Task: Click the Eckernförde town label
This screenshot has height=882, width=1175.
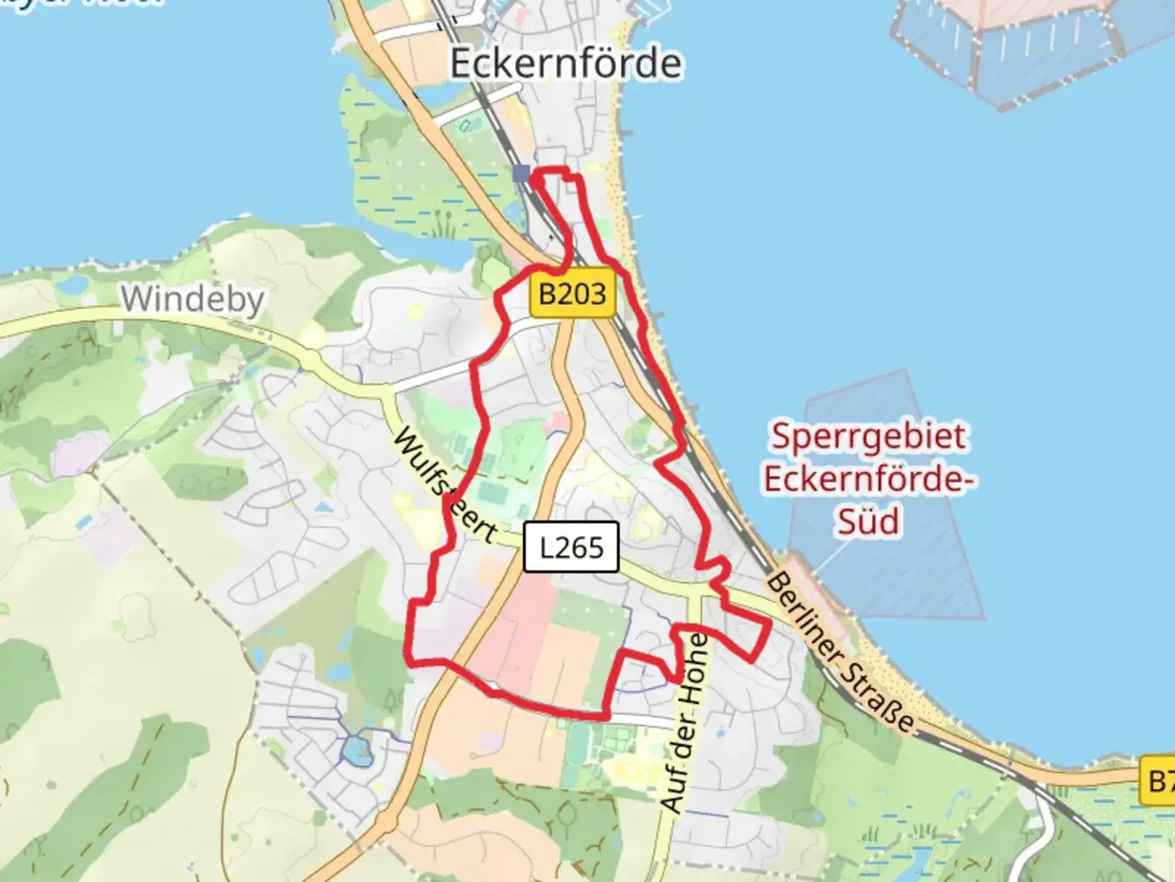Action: [x=565, y=64]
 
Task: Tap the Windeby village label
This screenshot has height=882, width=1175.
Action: [x=193, y=299]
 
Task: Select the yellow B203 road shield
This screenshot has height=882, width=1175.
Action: [x=572, y=293]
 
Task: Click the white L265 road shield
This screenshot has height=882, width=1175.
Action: [x=571, y=546]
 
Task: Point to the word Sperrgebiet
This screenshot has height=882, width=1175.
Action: [x=868, y=437]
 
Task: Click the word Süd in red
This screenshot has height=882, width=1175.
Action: [x=868, y=521]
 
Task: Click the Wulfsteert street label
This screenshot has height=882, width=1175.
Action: [x=445, y=486]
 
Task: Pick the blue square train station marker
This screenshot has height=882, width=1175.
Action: [x=521, y=173]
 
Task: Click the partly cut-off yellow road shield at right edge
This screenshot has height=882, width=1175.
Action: [x=1159, y=782]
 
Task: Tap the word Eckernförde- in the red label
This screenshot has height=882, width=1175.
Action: [x=868, y=479]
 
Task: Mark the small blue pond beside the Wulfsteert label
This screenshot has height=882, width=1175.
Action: [x=324, y=507]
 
